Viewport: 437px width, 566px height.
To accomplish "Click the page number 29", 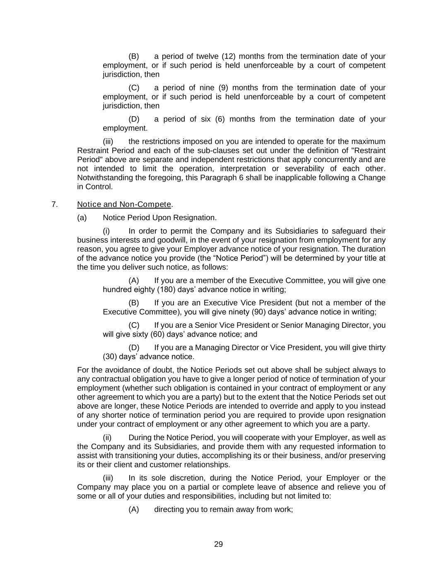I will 218,544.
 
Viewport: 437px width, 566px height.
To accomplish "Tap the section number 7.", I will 54,204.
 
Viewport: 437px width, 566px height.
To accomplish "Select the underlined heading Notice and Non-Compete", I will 124,204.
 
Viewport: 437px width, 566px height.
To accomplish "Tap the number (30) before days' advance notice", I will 110,357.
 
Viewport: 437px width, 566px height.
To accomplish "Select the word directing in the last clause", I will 169,510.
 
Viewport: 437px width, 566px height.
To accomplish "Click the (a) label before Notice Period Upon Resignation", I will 82,218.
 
